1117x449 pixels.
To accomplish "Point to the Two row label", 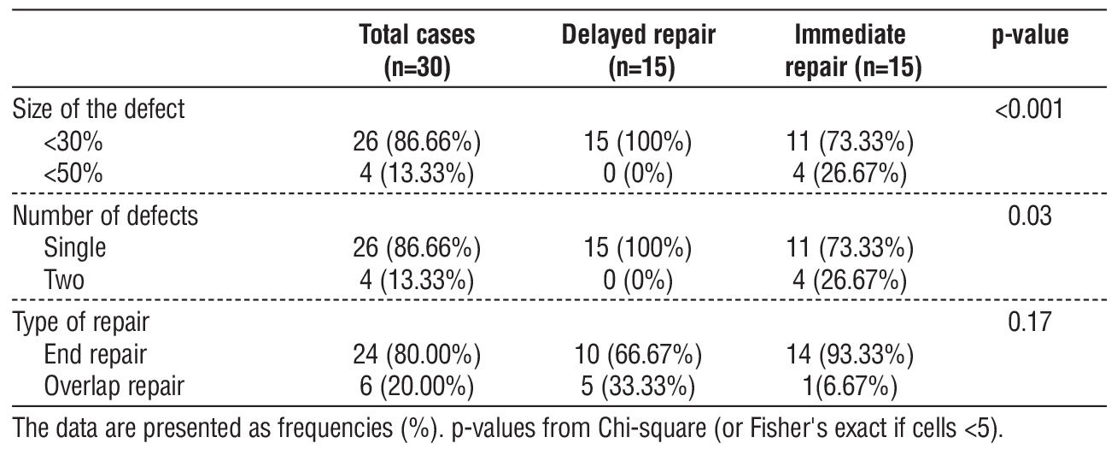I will (67, 281).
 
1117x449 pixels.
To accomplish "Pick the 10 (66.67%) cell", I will (638, 354).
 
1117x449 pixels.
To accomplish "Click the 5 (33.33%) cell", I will (638, 386).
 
